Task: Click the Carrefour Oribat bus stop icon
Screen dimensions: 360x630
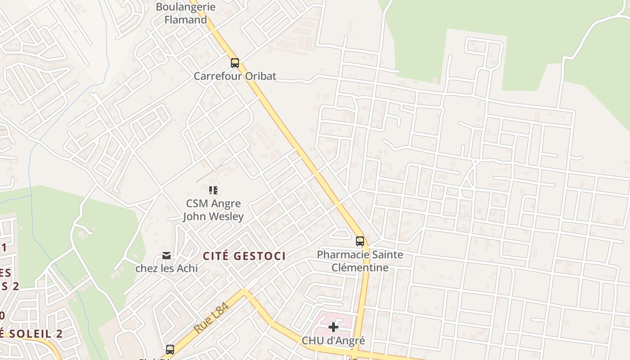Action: [x=235, y=63]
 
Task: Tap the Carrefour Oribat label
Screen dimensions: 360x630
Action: [x=235, y=76]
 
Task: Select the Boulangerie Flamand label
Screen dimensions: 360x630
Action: [x=185, y=13]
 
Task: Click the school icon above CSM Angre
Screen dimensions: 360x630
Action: [x=213, y=190]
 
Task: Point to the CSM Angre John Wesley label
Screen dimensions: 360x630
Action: [x=213, y=210]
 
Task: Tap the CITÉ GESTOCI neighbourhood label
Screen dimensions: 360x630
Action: [x=244, y=256]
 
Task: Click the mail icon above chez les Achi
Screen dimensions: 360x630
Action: [x=166, y=256]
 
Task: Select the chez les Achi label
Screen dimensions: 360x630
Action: [x=166, y=269]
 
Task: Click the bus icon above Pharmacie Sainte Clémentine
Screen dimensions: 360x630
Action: [x=360, y=241]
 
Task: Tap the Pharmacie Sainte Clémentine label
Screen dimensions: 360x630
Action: [x=360, y=261]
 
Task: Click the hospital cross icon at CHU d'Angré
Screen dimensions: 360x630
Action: [x=333, y=327]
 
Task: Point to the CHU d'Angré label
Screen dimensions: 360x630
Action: [x=333, y=341]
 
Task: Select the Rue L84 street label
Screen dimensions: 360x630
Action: [x=211, y=318]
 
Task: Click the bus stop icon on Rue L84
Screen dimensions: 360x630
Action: [x=170, y=349]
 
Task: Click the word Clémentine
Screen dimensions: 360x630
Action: [x=360, y=267]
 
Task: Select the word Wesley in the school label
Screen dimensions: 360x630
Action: [x=228, y=216]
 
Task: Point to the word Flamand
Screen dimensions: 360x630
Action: [x=185, y=20]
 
